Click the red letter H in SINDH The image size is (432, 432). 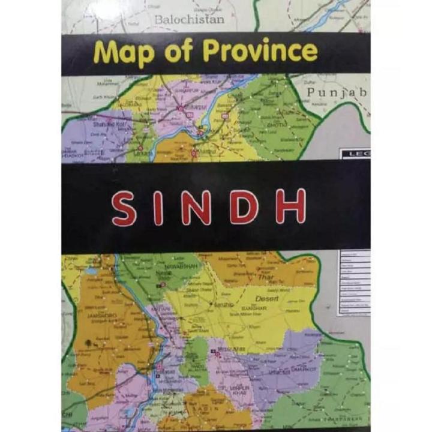(x=290, y=208)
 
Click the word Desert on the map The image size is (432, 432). (x=265, y=298)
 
